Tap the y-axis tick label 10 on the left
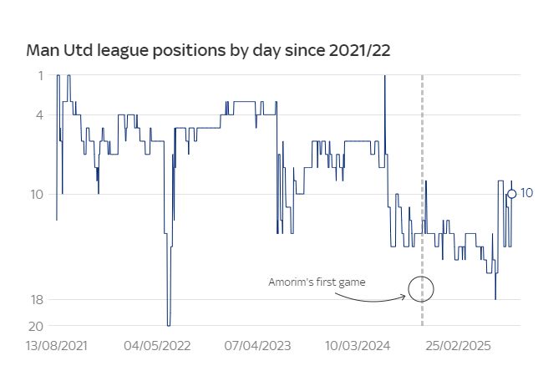(x=37, y=194)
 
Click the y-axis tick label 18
(x=37, y=299)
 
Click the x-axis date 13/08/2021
(x=56, y=344)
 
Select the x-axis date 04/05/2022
(x=157, y=344)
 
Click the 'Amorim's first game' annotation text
(x=317, y=282)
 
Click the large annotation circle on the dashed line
(x=421, y=289)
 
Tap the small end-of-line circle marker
(x=511, y=194)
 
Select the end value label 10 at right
(x=526, y=193)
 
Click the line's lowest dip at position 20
(x=169, y=324)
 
